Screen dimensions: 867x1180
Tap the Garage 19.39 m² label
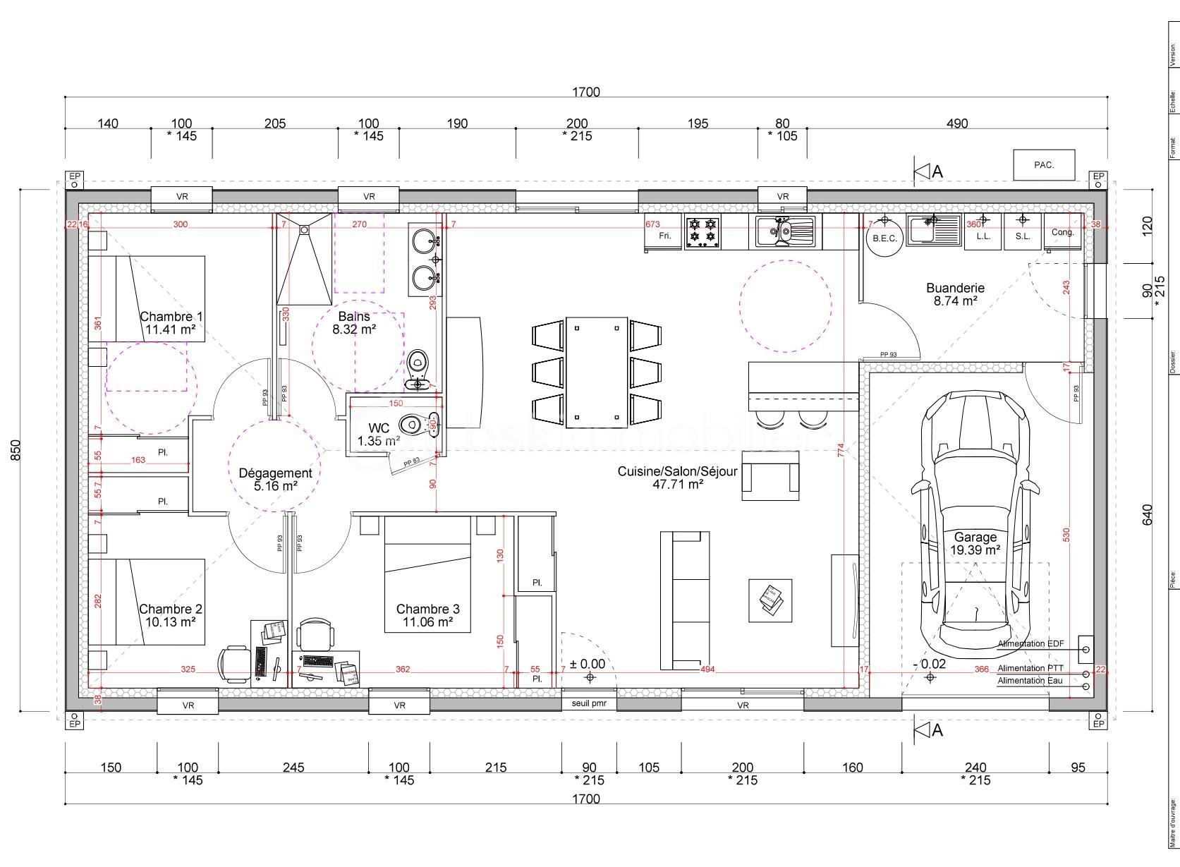click(975, 543)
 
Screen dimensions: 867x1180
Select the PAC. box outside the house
click(1044, 165)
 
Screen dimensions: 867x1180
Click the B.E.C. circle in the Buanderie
click(884, 238)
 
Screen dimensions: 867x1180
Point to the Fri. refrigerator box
click(664, 235)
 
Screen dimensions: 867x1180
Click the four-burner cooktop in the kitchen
click(702, 232)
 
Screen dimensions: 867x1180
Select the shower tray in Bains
click(304, 258)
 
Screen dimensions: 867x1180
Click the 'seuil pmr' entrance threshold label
click(589, 704)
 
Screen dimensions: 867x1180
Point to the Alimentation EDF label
click(1030, 643)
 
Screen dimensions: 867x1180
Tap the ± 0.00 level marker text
click(588, 664)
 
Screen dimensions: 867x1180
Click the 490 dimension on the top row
click(957, 123)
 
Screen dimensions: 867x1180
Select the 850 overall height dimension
click(16, 450)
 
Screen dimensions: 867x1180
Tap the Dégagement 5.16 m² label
click(275, 479)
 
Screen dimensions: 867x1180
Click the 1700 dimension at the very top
click(585, 92)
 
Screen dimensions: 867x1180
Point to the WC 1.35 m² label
click(379, 435)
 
